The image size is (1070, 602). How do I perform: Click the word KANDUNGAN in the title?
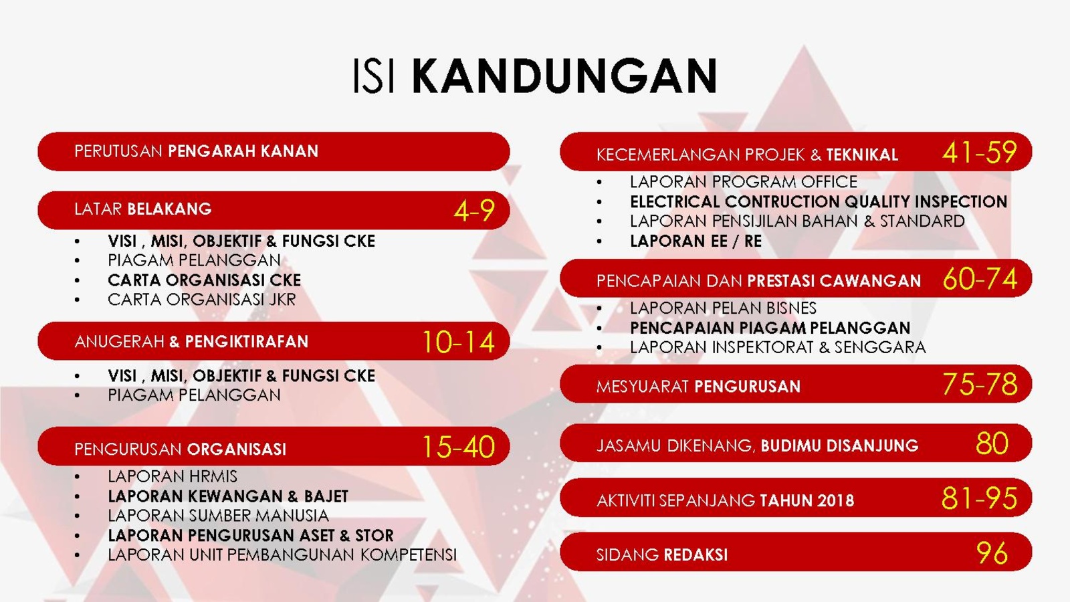pyautogui.click(x=564, y=76)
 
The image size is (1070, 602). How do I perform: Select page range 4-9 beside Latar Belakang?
pyautogui.click(x=474, y=211)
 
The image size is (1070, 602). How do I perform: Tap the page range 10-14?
pyautogui.click(x=459, y=342)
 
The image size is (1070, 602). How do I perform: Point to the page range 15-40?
pyautogui.click(x=459, y=447)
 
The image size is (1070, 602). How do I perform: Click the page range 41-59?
pyautogui.click(x=980, y=153)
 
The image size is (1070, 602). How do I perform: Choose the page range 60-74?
pyautogui.click(x=980, y=279)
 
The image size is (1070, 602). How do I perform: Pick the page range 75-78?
pyautogui.click(x=980, y=385)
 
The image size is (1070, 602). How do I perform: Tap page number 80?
pyautogui.click(x=992, y=444)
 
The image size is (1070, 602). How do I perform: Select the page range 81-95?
pyautogui.click(x=979, y=498)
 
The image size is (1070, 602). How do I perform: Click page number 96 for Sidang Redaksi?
pyautogui.click(x=992, y=553)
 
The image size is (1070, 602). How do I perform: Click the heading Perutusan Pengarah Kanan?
pyautogui.click(x=197, y=151)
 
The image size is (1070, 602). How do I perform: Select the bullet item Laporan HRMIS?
pyautogui.click(x=173, y=476)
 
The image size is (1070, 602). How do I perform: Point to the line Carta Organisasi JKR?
pyautogui.click(x=201, y=300)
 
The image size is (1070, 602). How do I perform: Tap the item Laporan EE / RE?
pyautogui.click(x=695, y=241)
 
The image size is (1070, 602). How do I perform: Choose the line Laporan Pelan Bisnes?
pyautogui.click(x=723, y=308)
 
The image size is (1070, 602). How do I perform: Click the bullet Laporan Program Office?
pyautogui.click(x=743, y=182)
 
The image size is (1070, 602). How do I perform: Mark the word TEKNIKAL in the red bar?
pyautogui.click(x=862, y=155)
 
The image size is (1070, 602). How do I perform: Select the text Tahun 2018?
pyautogui.click(x=807, y=501)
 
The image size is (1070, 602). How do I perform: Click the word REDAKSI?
pyautogui.click(x=695, y=555)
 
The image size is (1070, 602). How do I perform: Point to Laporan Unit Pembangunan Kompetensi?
pyautogui.click(x=282, y=555)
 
